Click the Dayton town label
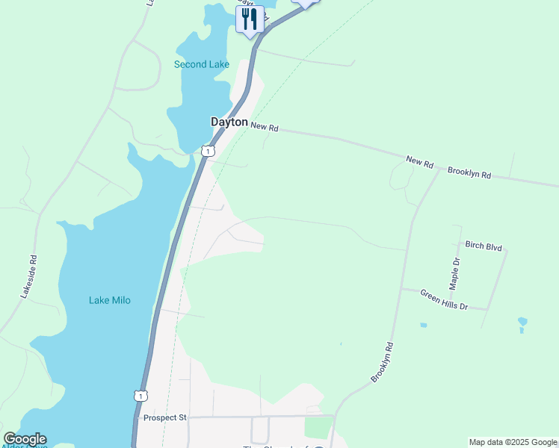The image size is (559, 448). pyautogui.click(x=229, y=122)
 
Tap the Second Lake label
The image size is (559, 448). pyautogui.click(x=202, y=64)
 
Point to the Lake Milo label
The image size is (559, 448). pyautogui.click(x=110, y=300)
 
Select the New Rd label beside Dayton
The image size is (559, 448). pyautogui.click(x=265, y=128)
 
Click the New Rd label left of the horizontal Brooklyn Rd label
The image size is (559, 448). pyautogui.click(x=420, y=161)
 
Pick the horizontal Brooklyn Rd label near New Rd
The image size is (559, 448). pyautogui.click(x=469, y=173)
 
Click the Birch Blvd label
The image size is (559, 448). pyautogui.click(x=483, y=246)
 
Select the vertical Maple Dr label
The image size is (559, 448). pyautogui.click(x=455, y=273)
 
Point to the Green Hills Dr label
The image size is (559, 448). pyautogui.click(x=443, y=300)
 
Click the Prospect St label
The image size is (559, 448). pyautogui.click(x=164, y=417)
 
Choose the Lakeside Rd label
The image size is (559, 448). pyautogui.click(x=29, y=277)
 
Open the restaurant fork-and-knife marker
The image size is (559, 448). pyautogui.click(x=250, y=19)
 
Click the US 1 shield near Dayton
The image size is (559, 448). pyautogui.click(x=208, y=151)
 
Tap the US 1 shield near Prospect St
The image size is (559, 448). pyautogui.click(x=140, y=396)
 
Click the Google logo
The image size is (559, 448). pyautogui.click(x=25, y=439)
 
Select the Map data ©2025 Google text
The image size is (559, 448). pyautogui.click(x=513, y=442)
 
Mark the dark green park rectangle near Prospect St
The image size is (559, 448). pyautogui.click(x=317, y=428)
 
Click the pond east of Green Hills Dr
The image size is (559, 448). pyautogui.click(x=522, y=324)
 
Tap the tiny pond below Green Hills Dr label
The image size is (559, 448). pyautogui.click(x=424, y=326)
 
